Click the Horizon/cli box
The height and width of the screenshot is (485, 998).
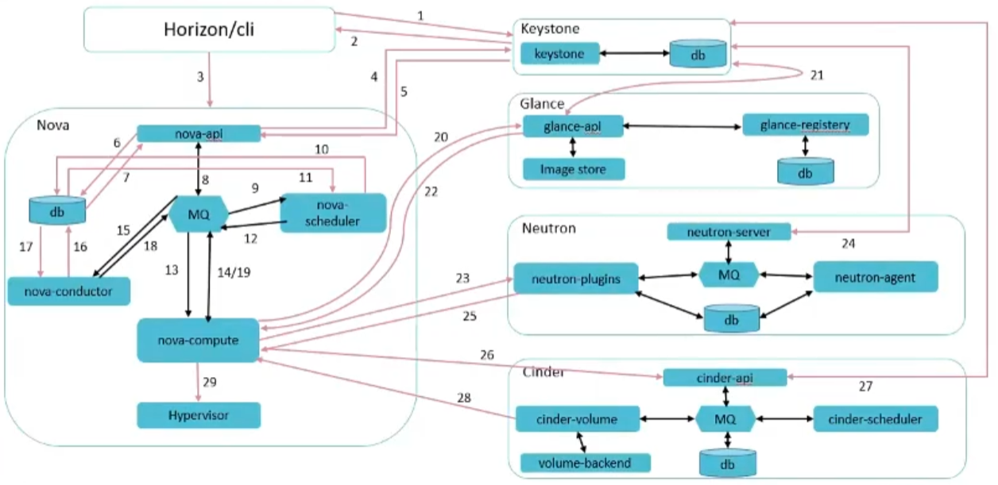[209, 31]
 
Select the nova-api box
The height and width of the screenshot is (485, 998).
[199, 133]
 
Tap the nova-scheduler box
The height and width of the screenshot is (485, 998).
[333, 212]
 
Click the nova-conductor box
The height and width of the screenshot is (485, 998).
[69, 291]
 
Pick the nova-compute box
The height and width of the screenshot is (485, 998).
[199, 340]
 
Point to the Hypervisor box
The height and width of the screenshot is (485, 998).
[199, 414]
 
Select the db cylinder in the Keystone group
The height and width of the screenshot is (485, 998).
[698, 54]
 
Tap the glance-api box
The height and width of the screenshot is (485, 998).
[572, 126]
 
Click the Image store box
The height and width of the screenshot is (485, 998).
[574, 168]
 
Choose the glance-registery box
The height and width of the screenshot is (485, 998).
[805, 125]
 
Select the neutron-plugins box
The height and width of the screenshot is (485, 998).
[575, 278]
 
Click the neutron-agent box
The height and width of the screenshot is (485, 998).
[875, 277]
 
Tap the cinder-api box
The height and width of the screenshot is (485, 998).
[725, 377]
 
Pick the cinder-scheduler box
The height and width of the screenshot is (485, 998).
[875, 418]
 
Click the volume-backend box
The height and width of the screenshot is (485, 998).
[585, 462]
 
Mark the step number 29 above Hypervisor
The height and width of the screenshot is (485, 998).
[209, 383]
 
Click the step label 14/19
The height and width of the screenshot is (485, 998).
[234, 272]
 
